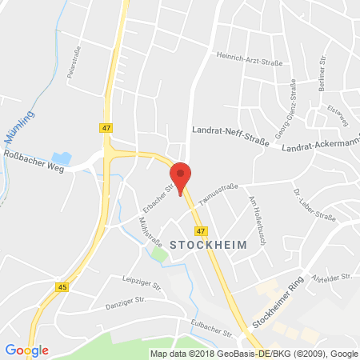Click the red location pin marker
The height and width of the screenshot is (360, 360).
[182, 174]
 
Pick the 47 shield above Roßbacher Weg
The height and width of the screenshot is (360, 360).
[106, 127]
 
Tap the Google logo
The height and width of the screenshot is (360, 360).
[26, 350]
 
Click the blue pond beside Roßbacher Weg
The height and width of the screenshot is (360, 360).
[59, 158]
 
